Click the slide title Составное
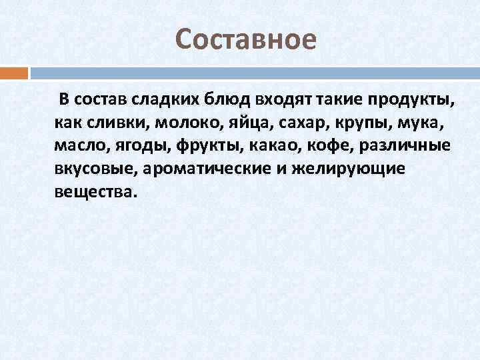246,40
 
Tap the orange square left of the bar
14,73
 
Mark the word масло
77,146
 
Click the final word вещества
95,191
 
